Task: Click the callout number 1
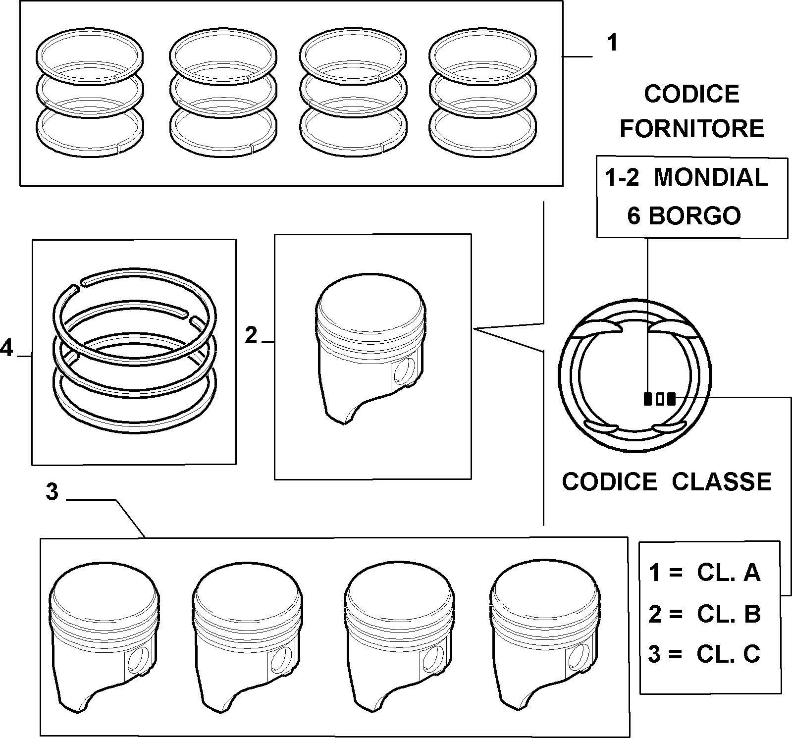tap(613, 43)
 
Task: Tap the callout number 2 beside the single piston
tap(252, 336)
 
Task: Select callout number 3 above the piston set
tap(52, 492)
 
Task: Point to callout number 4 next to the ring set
tap(6, 348)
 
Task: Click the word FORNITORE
tap(692, 129)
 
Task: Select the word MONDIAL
tap(711, 177)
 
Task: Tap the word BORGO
tap(694, 215)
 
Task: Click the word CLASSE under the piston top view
tap(722, 481)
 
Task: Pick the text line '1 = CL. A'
tap(704, 573)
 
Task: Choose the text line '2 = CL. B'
tap(704, 614)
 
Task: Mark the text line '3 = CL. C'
tap(704, 654)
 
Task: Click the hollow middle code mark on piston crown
tap(659, 399)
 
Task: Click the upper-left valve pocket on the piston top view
tap(597, 328)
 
